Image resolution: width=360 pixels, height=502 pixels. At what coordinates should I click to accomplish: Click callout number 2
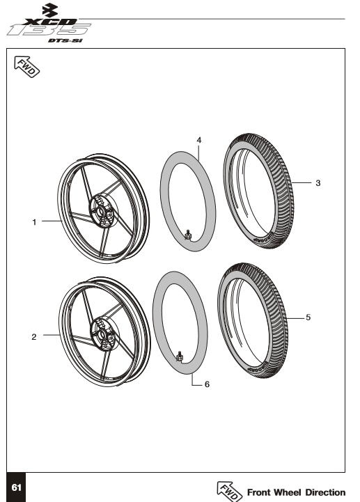[33, 337]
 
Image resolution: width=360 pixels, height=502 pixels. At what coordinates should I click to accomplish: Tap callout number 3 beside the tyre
[318, 184]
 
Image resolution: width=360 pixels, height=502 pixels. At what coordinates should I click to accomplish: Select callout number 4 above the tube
[199, 140]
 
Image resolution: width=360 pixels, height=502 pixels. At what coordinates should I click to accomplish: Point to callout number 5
[308, 317]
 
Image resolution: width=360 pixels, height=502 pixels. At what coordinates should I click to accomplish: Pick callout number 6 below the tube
[207, 384]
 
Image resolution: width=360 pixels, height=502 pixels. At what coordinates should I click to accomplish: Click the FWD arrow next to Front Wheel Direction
[230, 490]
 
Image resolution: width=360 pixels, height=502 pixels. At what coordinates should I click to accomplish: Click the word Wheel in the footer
[284, 492]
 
